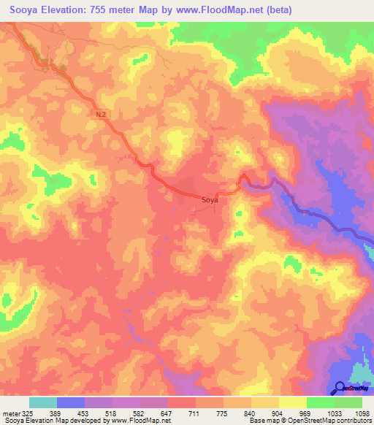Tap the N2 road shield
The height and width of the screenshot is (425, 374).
(x=101, y=114)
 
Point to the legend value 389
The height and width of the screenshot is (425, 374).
(x=54, y=412)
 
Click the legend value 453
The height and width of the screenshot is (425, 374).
(x=83, y=412)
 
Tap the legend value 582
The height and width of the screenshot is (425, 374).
(x=140, y=412)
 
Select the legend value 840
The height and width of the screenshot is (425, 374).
(x=252, y=412)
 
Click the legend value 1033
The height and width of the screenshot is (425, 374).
(x=335, y=412)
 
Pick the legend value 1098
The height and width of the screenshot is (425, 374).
(x=363, y=412)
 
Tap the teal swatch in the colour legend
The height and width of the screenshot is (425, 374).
(x=43, y=402)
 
